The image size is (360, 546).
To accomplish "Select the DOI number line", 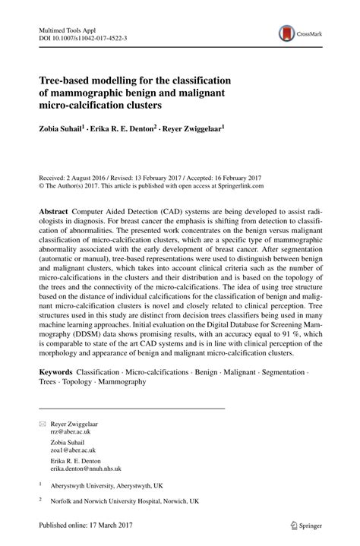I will pos(84,36).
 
